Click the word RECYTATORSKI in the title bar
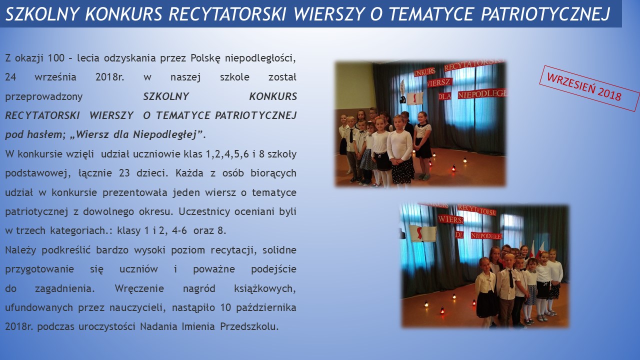[x=227, y=13]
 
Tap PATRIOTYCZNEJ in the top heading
[x=545, y=13]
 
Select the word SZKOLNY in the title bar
[x=41, y=13]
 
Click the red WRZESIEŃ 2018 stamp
[x=589, y=88]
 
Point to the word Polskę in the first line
[x=205, y=58]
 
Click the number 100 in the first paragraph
[x=56, y=58]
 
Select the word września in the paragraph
[x=55, y=77]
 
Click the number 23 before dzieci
[x=124, y=173]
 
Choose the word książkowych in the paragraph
[x=264, y=288]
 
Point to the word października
[x=266, y=307]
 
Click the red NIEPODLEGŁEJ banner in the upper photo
[x=482, y=93]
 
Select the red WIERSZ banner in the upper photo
[x=440, y=82]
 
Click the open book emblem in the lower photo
[x=423, y=233]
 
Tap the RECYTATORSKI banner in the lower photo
[x=477, y=210]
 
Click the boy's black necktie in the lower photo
[x=510, y=279]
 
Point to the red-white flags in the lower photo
[x=536, y=249]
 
